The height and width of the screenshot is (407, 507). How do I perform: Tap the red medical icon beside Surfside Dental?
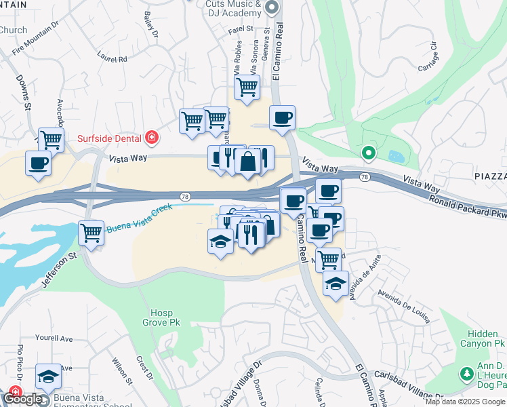[153, 138]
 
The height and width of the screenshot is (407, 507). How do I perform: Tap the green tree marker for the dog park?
[466, 374]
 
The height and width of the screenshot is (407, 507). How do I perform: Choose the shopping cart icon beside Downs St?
[50, 140]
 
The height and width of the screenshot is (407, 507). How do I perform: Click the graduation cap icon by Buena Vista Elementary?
[49, 376]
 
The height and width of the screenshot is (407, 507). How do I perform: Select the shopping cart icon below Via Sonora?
[247, 87]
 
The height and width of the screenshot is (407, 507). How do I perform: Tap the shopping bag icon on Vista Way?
[248, 162]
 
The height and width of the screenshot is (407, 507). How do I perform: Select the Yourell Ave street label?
[56, 338]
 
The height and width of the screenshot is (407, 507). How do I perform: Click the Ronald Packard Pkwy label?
[468, 205]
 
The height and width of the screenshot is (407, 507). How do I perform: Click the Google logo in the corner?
[22, 399]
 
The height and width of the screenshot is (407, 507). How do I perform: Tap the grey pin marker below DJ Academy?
[272, 8]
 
